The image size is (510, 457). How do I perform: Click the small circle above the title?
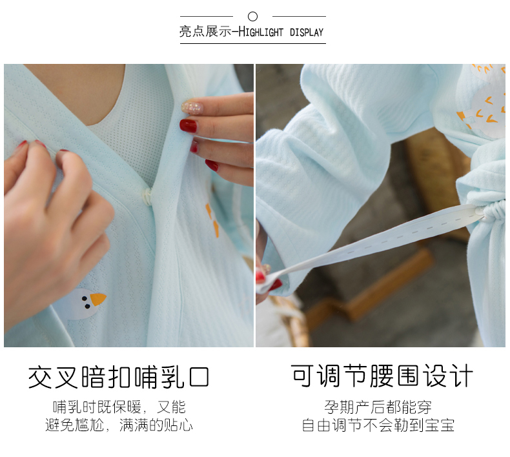click(x=252, y=16)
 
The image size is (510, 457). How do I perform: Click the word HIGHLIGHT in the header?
click(x=261, y=32)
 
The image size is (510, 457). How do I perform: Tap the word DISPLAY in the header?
click(x=307, y=32)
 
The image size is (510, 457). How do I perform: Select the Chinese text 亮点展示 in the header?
click(x=205, y=32)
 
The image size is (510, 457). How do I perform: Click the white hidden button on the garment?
click(x=148, y=196)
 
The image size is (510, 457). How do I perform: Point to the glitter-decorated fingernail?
click(x=192, y=107)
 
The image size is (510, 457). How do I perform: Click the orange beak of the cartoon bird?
click(x=97, y=299)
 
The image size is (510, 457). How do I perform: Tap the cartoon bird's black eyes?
click(x=86, y=302)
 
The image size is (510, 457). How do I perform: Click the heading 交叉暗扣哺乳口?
click(x=118, y=378)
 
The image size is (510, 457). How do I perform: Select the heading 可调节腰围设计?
click(x=382, y=376)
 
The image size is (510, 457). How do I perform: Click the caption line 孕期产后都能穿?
click(x=378, y=407)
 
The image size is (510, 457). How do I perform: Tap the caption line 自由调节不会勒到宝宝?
click(x=378, y=425)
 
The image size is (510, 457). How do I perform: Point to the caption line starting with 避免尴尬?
click(x=119, y=425)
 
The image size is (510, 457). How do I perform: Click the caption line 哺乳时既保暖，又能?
click(x=119, y=407)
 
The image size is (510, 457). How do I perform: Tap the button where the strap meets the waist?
click(x=480, y=212)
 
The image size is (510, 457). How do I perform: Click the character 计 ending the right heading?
click(x=461, y=376)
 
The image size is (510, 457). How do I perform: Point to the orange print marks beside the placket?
click(x=212, y=219)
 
